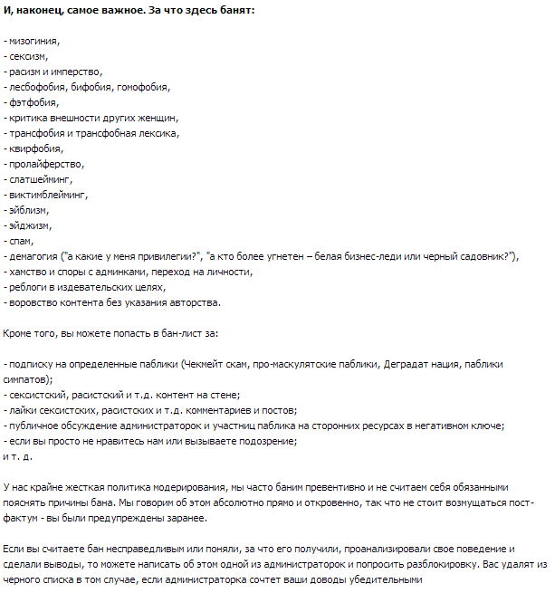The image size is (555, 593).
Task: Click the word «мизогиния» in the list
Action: click(36, 42)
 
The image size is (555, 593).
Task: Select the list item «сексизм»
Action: click(29, 56)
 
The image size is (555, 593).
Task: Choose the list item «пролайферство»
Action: click(45, 164)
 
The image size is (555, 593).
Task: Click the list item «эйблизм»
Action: click(31, 210)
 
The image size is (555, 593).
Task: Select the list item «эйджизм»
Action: click(31, 225)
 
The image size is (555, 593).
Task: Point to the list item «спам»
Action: click(22, 241)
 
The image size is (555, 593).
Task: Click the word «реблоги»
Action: click(30, 287)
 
